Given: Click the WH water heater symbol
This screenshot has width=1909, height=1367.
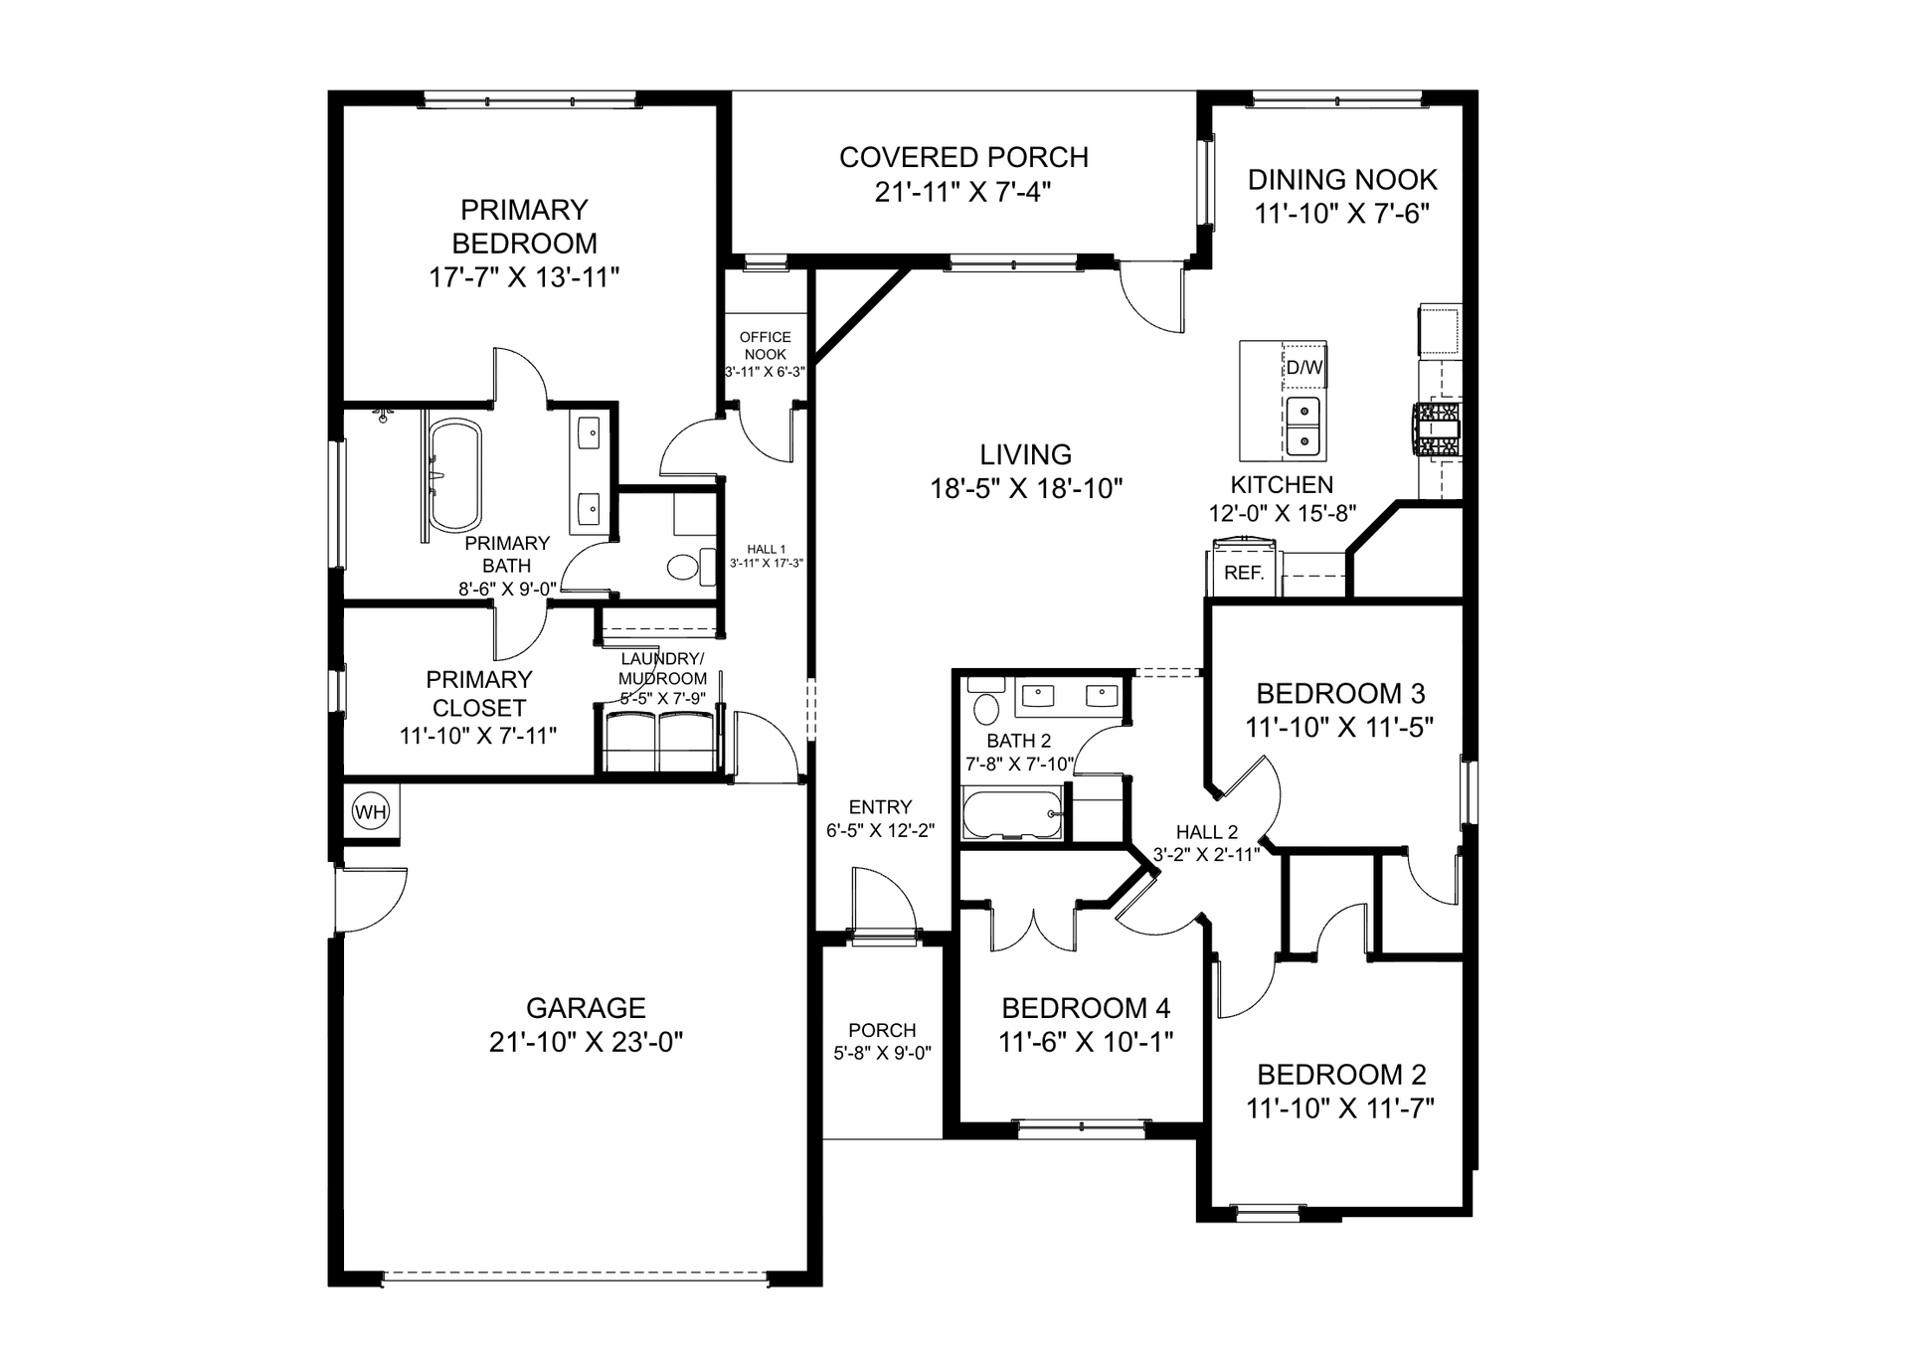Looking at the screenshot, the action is [371, 812].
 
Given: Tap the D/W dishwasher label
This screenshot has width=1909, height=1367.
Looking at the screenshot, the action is [1304, 367].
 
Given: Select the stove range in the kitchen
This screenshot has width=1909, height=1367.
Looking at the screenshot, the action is [1440, 429].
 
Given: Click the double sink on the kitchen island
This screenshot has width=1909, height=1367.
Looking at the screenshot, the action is [1302, 426].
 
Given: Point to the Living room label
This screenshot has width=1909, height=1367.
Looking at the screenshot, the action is [1026, 454].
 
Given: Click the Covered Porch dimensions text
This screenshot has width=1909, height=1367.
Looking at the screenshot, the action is [962, 192].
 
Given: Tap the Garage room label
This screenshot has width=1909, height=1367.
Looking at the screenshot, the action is [586, 1008].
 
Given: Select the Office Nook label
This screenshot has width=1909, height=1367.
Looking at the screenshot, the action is [766, 346].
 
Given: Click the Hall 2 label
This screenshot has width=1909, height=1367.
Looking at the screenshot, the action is [1207, 832].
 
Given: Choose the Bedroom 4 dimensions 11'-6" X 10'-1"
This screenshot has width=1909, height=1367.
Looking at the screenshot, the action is [1086, 1042].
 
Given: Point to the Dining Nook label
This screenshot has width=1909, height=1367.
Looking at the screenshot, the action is [1342, 180].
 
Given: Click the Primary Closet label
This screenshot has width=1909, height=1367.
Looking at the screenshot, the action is [479, 693].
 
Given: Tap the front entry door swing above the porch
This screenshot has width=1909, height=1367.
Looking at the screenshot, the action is [883, 900].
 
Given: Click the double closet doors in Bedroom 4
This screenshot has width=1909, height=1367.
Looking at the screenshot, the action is [1033, 929].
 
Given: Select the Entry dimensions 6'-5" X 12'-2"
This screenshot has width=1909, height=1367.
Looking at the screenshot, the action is [881, 831].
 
